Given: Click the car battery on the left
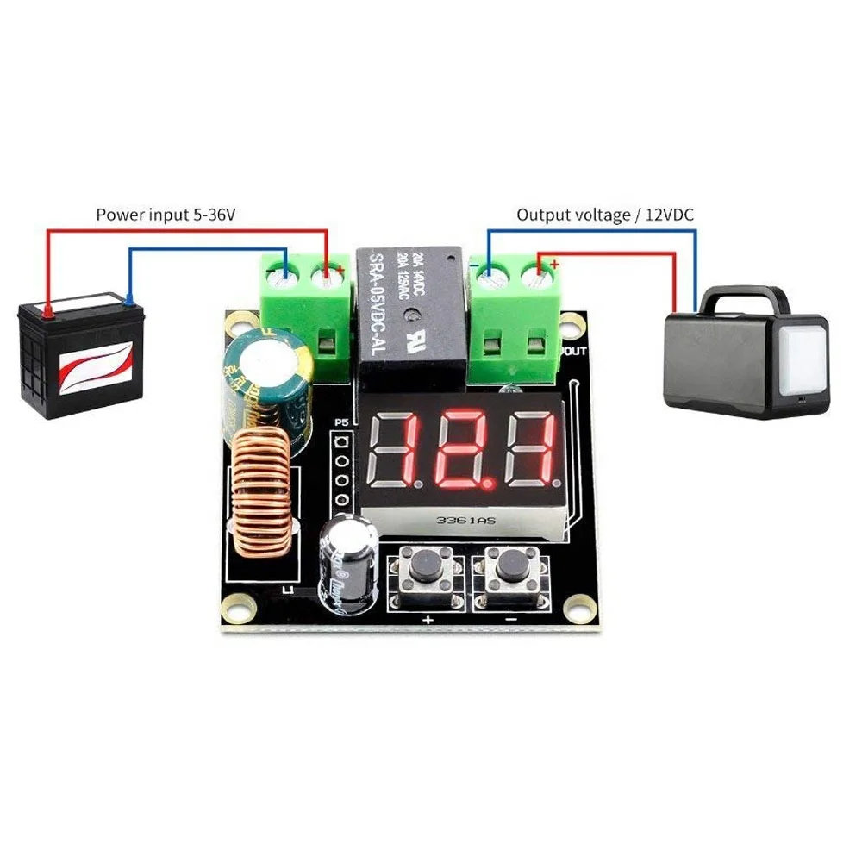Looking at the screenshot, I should pyautogui.click(x=78, y=358).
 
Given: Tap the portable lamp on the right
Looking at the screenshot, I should pyautogui.click(x=746, y=353).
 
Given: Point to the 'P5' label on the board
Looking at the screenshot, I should pyautogui.click(x=340, y=424).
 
